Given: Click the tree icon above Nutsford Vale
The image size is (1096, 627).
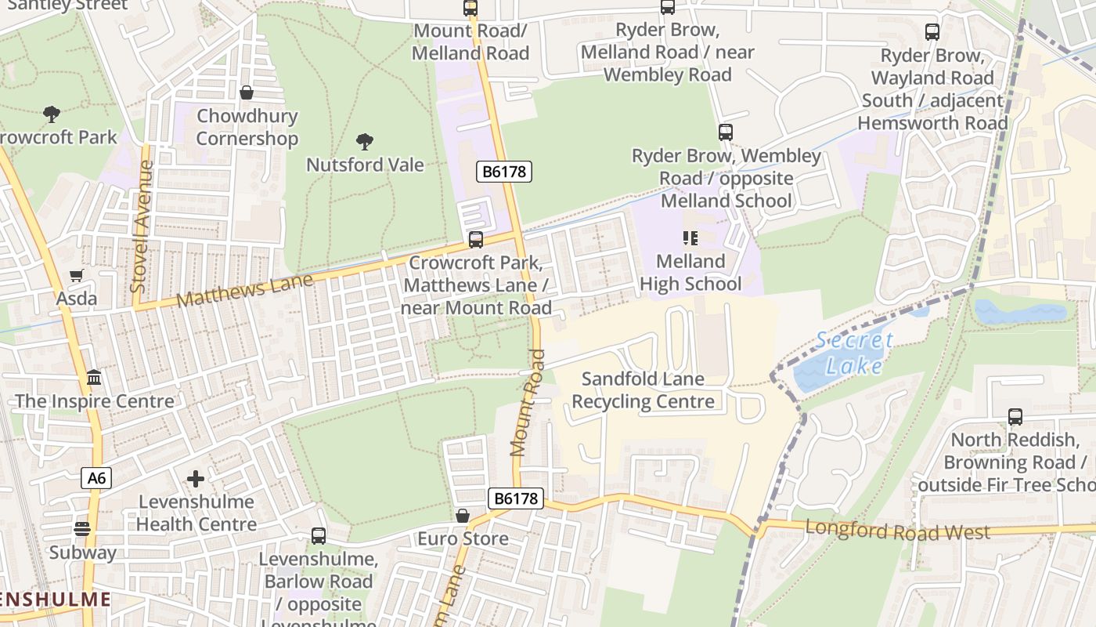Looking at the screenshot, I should pyautogui.click(x=364, y=142).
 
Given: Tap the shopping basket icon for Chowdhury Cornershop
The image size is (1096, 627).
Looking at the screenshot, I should pyautogui.click(x=247, y=93).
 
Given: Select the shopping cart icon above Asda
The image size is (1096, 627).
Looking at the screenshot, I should pyautogui.click(x=76, y=275).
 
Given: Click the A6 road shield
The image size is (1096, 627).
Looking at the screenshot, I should pyautogui.click(x=96, y=478).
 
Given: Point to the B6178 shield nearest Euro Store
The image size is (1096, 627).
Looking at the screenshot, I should pyautogui.click(x=515, y=498).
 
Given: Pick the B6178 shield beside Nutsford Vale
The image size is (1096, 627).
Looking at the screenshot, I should pyautogui.click(x=504, y=172).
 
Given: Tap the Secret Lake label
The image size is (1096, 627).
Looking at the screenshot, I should pyautogui.click(x=853, y=353).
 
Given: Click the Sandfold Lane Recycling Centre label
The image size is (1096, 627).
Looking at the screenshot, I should pyautogui.click(x=643, y=390).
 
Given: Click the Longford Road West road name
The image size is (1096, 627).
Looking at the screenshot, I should pyautogui.click(x=897, y=531).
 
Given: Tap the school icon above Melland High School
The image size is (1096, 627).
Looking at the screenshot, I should pyautogui.click(x=690, y=237).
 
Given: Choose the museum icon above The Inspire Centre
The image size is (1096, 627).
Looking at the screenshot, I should pyautogui.click(x=94, y=378).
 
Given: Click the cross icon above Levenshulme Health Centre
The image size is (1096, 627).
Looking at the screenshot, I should pyautogui.click(x=196, y=478).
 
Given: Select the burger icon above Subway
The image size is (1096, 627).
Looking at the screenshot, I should pyautogui.click(x=82, y=529).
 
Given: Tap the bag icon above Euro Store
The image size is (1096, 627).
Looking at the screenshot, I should pyautogui.click(x=463, y=516).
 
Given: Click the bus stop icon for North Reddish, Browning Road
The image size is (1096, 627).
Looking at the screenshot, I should pyautogui.click(x=1015, y=417).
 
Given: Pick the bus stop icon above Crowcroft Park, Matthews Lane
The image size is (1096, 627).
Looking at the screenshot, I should pyautogui.click(x=475, y=240).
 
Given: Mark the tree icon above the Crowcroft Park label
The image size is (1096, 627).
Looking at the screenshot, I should pyautogui.click(x=52, y=114).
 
